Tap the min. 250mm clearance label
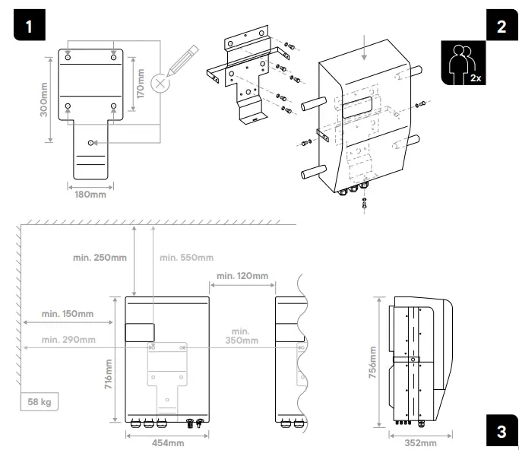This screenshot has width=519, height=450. tap(100, 258)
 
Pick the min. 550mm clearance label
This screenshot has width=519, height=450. tap(185, 258)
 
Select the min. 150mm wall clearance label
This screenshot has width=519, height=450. tap(68, 313)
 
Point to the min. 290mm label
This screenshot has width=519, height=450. tap(68, 339)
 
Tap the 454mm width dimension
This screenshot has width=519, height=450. tap(166, 442)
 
